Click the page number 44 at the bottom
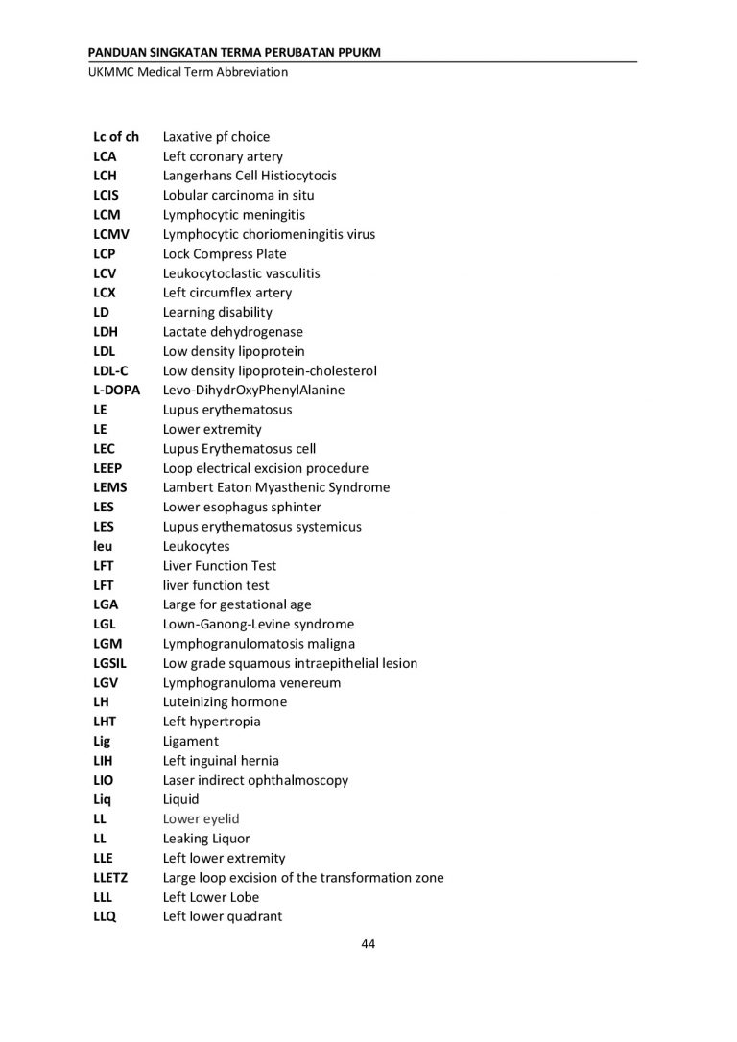coord(368,944)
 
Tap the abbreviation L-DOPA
coord(116,391)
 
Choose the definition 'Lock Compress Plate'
coord(225,254)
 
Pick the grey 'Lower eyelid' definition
coord(201,819)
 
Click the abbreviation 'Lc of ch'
coord(116,137)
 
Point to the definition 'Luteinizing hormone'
coord(225,702)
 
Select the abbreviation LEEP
coord(107,468)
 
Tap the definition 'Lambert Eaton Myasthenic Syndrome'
coord(276,487)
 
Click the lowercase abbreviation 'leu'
coord(103,547)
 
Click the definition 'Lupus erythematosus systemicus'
coord(262,527)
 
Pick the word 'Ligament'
coord(191,742)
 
